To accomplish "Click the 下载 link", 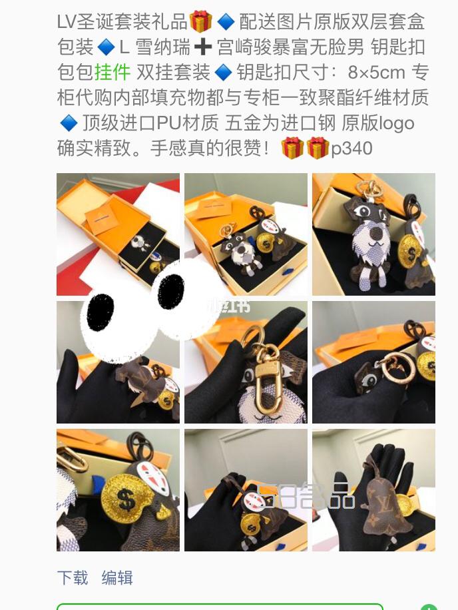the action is pos(73,577).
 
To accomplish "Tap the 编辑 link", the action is pos(117,577).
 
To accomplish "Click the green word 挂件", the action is pos(113,73).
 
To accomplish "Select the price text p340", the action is pos(351,149).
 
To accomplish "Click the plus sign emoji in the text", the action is pos(202,47).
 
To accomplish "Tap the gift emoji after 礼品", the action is pos(200,21).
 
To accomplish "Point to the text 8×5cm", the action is pos(376,73).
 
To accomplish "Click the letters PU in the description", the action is pos(168,123).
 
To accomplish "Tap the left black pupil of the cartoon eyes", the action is pos(101,312).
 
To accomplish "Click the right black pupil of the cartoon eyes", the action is pos(170,292).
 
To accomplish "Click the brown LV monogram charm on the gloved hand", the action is pos(385,507).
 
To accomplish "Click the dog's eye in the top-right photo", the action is pos(365,211).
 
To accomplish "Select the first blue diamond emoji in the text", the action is pos(226,22).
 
